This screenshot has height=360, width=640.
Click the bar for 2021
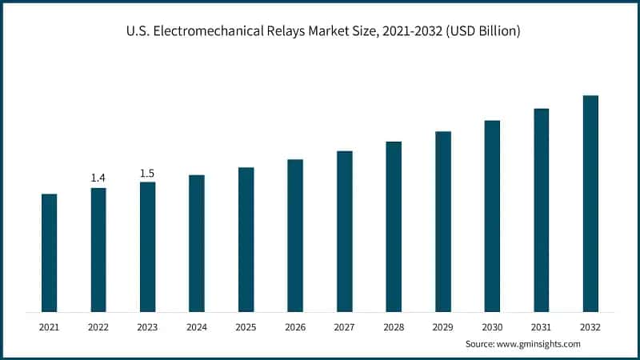pyautogui.click(x=49, y=252)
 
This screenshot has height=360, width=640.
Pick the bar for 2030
pyautogui.click(x=492, y=215)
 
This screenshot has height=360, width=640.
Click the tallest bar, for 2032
pyautogui.click(x=590, y=203)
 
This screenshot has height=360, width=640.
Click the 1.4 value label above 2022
pyautogui.click(x=98, y=178)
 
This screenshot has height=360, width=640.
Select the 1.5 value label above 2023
pyautogui.click(x=147, y=173)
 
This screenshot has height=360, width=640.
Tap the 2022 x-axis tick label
pyautogui.click(x=98, y=327)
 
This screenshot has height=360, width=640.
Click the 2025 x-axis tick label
pyautogui.click(x=246, y=327)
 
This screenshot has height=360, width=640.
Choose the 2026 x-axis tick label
pyautogui.click(x=295, y=327)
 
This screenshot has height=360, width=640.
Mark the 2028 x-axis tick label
pyautogui.click(x=394, y=327)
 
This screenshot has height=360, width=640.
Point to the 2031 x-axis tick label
pyautogui.click(x=542, y=327)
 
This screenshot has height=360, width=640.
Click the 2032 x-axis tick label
pyautogui.click(x=590, y=327)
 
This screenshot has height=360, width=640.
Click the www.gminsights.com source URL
pyautogui.click(x=541, y=343)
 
